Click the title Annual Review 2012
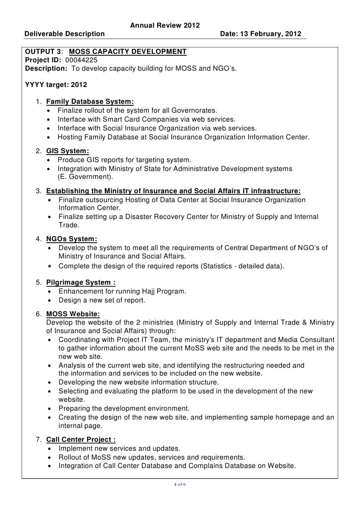point(165,26)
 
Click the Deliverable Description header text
point(65,34)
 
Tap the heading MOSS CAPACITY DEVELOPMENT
point(128,51)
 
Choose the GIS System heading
point(68,151)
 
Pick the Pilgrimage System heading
point(81,283)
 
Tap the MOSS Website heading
point(73,314)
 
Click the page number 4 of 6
point(180,484)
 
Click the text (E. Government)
point(85,177)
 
